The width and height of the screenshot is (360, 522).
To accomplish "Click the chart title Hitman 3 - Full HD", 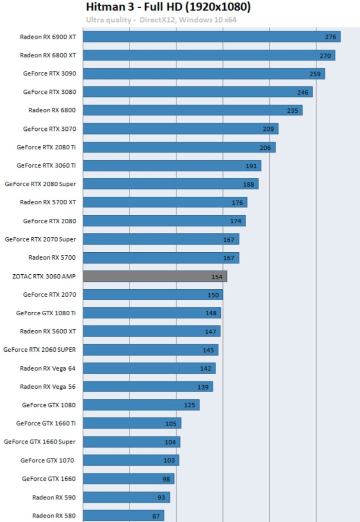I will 168,7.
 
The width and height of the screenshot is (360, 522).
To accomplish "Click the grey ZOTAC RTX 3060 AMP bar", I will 154,276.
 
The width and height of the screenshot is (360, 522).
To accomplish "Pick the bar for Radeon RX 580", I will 123,516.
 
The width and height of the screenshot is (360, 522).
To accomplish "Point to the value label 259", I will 315,74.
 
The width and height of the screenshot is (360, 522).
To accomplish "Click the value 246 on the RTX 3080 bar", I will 302,92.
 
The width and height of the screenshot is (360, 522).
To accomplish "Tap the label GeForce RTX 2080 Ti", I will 46,147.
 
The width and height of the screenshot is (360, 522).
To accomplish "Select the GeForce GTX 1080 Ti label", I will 46,313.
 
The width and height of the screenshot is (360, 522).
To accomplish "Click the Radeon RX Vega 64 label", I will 48,368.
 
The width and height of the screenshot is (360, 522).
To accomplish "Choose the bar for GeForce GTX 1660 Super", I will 131,442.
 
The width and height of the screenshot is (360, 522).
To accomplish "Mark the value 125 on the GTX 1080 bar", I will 189,405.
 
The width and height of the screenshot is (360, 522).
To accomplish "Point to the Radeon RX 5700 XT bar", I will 164,202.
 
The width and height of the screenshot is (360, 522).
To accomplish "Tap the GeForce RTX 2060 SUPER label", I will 39,350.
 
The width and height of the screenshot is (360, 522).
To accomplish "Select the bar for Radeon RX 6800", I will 192,110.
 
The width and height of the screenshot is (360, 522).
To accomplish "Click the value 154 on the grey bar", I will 217,277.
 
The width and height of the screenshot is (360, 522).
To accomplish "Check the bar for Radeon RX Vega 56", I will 147,387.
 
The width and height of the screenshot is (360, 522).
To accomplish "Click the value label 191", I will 251,166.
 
